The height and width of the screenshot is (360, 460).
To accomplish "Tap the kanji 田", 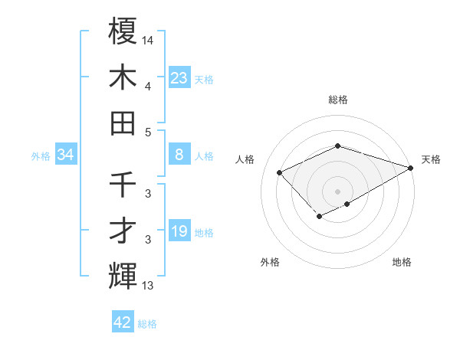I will [123, 123].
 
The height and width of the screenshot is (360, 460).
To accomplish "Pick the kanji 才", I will [123, 231].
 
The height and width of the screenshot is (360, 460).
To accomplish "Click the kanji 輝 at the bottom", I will [123, 277].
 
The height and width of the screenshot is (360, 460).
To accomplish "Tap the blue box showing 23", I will [179, 77].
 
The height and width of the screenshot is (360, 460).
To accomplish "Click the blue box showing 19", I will [179, 232].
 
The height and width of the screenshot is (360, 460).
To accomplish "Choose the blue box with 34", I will [65, 155].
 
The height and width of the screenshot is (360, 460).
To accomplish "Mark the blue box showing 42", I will [123, 322].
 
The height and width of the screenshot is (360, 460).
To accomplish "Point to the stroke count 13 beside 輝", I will [148, 286].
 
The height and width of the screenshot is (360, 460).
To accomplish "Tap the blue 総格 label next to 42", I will [147, 324].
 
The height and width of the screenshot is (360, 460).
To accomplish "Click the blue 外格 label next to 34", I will [41, 156].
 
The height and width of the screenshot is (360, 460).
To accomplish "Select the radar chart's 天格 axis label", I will [431, 159].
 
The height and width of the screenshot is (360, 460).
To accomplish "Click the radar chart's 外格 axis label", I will [270, 262].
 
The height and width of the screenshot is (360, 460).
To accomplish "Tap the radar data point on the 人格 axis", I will [280, 172].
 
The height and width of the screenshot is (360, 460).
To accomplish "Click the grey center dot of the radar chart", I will [338, 191].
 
